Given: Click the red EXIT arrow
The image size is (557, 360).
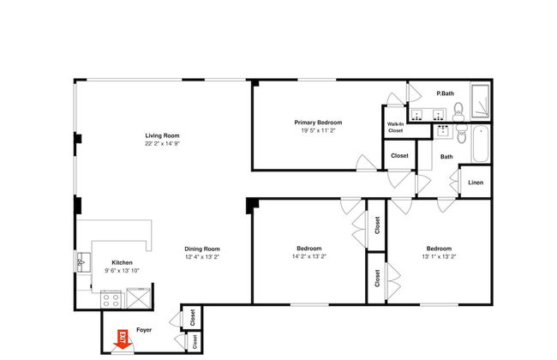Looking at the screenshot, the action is (x=122, y=340).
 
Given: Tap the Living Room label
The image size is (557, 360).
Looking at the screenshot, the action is (x=162, y=135).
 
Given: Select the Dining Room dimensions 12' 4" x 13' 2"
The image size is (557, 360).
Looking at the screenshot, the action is (x=202, y=256).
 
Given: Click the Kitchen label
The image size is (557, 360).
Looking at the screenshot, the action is (x=122, y=262).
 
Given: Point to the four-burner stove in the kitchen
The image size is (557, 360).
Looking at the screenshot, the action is (x=111, y=299).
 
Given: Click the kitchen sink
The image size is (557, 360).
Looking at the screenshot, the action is (x=83, y=262).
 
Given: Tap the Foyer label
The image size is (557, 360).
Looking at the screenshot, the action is (x=144, y=330).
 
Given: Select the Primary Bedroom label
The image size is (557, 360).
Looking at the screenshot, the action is (x=318, y=123).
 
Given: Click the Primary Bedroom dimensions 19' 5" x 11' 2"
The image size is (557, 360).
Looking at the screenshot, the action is (x=318, y=130).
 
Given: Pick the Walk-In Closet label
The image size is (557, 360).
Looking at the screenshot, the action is (x=395, y=127).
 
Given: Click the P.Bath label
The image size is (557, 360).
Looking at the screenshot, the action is (x=445, y=93).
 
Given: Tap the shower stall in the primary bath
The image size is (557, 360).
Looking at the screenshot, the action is (x=480, y=101).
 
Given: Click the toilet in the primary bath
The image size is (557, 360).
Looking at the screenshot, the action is (x=458, y=111).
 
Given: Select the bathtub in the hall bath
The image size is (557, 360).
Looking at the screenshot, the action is (x=481, y=144).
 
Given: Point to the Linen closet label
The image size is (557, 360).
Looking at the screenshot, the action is (x=476, y=183).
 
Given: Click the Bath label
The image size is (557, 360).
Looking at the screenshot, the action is (x=446, y=156).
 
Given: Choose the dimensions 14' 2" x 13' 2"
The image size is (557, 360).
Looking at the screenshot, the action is (x=309, y=256).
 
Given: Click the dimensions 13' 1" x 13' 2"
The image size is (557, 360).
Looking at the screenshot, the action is (x=439, y=256).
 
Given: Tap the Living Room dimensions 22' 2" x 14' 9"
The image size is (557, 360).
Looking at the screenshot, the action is (x=162, y=144).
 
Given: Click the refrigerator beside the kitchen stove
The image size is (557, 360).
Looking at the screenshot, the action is (x=138, y=297).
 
